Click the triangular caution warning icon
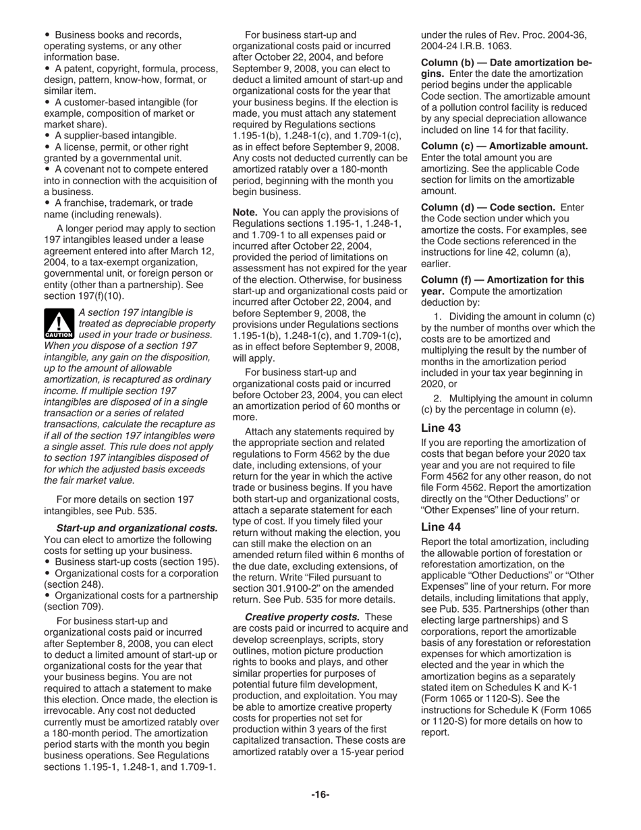(x=58, y=323)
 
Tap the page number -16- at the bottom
(x=320, y=794)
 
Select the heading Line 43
(x=441, y=427)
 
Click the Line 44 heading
(x=441, y=527)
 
